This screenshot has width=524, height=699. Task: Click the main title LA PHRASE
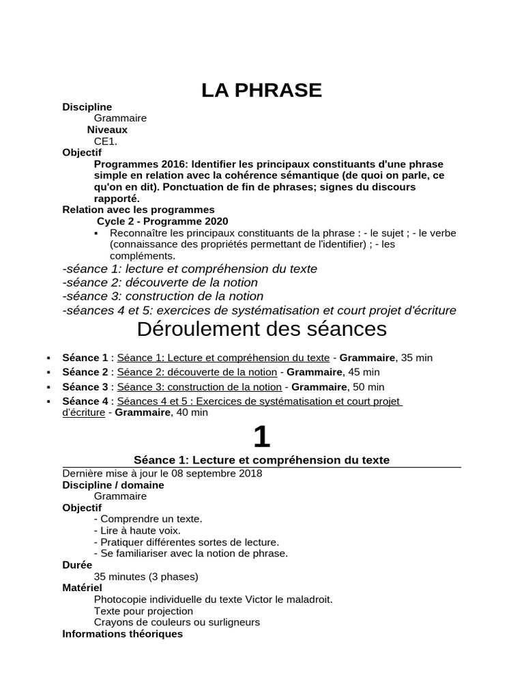tap(261, 90)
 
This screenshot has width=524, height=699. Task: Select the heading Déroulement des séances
tap(261, 329)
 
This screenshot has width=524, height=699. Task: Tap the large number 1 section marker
tap(261, 436)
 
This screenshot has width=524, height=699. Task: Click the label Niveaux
tap(107, 130)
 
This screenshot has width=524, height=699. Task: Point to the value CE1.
tap(106, 141)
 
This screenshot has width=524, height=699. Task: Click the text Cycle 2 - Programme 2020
tap(162, 221)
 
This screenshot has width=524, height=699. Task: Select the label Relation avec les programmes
tap(138, 210)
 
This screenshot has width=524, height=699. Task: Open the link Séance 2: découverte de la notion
tap(196, 372)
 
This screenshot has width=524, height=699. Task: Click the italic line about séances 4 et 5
tap(259, 311)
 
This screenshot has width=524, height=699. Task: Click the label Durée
tap(77, 565)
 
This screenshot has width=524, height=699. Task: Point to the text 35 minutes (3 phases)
tap(146, 577)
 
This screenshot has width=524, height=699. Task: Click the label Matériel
tap(82, 588)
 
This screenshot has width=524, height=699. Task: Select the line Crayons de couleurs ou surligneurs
tap(177, 623)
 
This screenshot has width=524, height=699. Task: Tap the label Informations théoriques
tap(122, 634)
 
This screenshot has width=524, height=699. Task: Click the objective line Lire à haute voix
tap(137, 530)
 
